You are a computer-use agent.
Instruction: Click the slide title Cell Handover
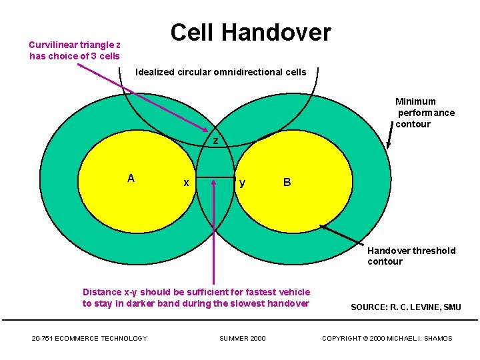[250, 32]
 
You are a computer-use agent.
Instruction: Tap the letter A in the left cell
[131, 178]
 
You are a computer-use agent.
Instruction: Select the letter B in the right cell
[287, 182]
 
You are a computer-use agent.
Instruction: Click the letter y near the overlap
[242, 183]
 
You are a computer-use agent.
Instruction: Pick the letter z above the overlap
[215, 141]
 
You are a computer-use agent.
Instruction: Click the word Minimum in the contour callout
[415, 101]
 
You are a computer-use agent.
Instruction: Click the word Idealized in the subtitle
[155, 72]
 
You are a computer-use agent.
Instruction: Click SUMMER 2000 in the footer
[242, 339]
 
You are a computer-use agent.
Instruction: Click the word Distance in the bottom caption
[102, 292]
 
